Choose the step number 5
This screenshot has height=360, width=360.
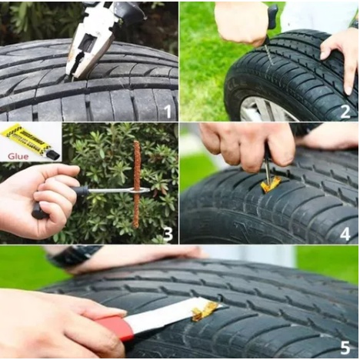pyautogui.click(x=345, y=347)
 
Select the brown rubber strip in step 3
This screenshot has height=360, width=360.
pyautogui.click(x=136, y=185)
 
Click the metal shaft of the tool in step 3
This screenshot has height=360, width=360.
pyautogui.click(x=115, y=190)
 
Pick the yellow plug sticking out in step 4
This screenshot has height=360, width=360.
pyautogui.click(x=270, y=184)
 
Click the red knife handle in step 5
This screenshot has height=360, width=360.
pyautogui.click(x=115, y=327)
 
